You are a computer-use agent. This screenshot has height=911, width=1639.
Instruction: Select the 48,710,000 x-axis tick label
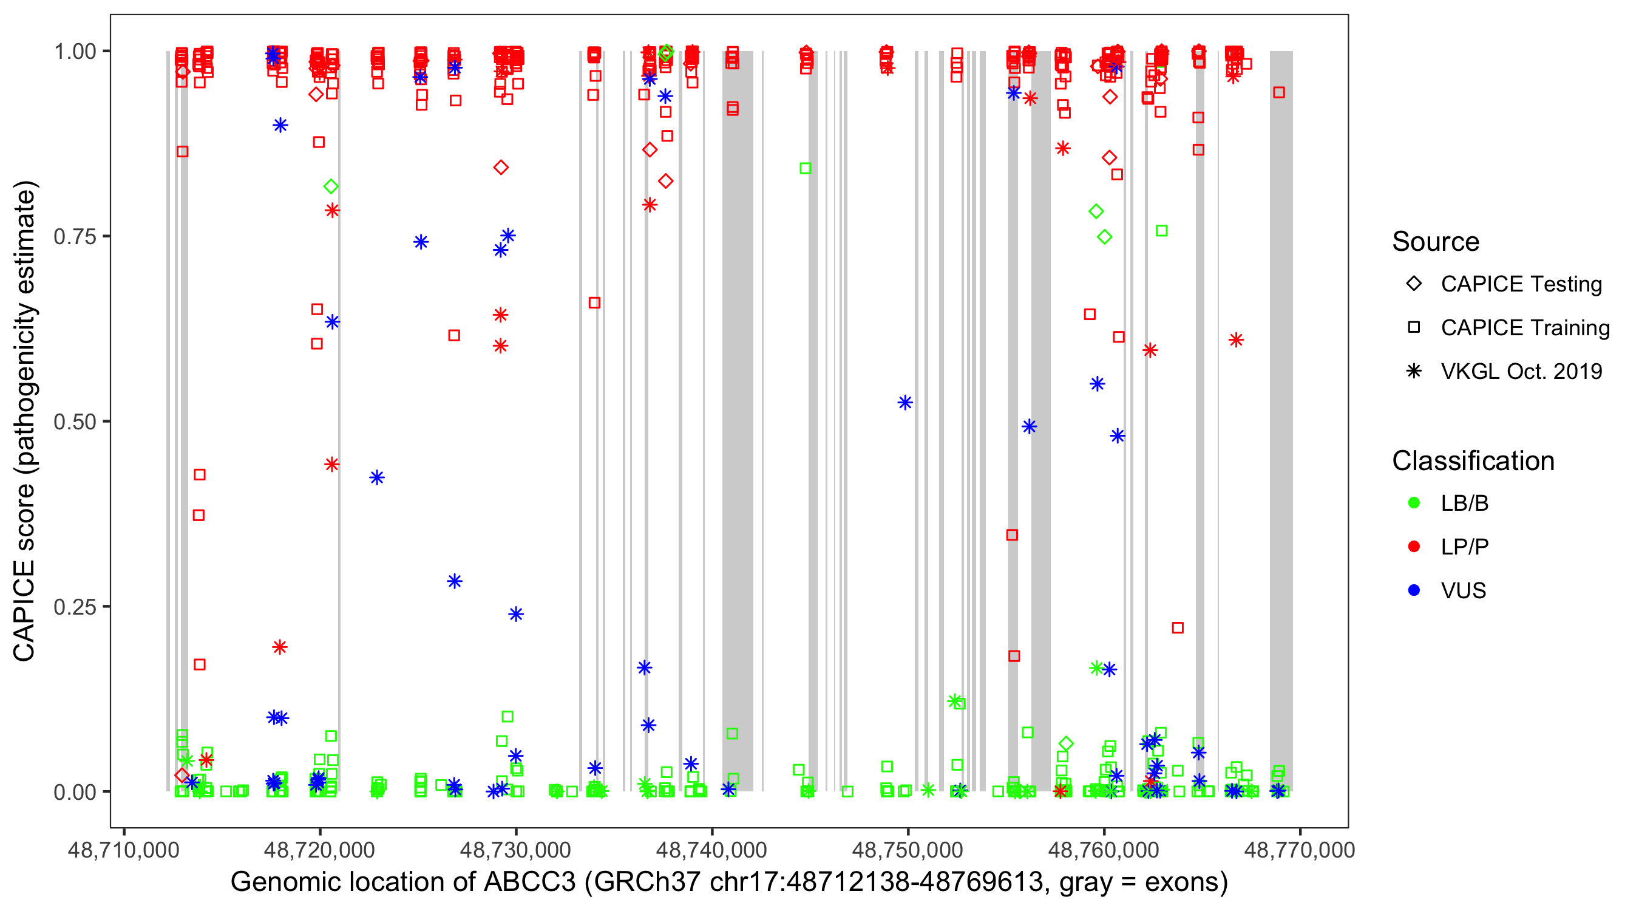(123, 850)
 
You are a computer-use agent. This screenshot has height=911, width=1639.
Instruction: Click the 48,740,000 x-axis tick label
(711, 850)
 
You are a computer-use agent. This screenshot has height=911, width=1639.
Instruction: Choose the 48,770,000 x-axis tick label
(1299, 850)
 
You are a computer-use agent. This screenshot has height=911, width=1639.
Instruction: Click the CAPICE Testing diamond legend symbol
(1414, 284)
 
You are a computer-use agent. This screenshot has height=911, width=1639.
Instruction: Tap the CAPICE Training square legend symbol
(1414, 328)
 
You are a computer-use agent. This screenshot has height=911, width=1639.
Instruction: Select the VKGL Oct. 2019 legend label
(1521, 372)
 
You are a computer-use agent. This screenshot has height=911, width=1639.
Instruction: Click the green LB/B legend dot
(1414, 503)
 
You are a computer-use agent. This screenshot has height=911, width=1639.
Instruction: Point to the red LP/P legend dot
(1414, 547)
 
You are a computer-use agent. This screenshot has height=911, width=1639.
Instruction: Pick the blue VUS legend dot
(1414, 591)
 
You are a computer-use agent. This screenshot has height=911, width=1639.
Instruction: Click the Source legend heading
(1436, 242)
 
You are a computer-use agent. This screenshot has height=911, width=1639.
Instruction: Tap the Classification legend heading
(1473, 461)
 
